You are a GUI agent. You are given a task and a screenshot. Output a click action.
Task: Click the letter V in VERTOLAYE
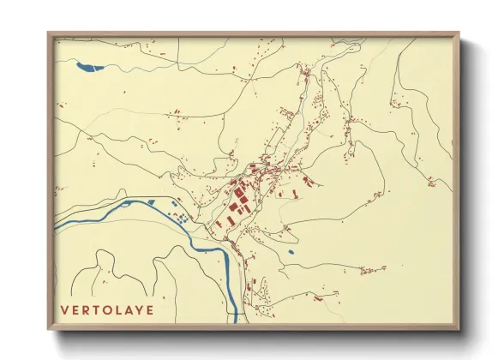(x=65, y=309)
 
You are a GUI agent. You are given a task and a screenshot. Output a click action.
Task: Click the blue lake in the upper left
(x=88, y=66)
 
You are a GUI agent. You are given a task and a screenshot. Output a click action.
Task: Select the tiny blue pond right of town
(x=291, y=251)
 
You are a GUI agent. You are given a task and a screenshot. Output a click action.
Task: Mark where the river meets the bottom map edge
(x=234, y=321)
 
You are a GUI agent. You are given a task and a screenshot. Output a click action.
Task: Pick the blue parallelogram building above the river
(x=155, y=202)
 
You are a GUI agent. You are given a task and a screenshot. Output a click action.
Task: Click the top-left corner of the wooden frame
(x=49, y=34)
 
